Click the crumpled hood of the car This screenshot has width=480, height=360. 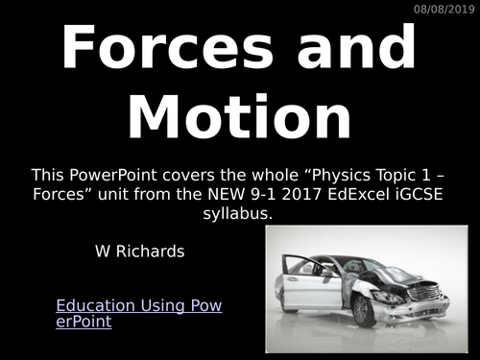398,275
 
